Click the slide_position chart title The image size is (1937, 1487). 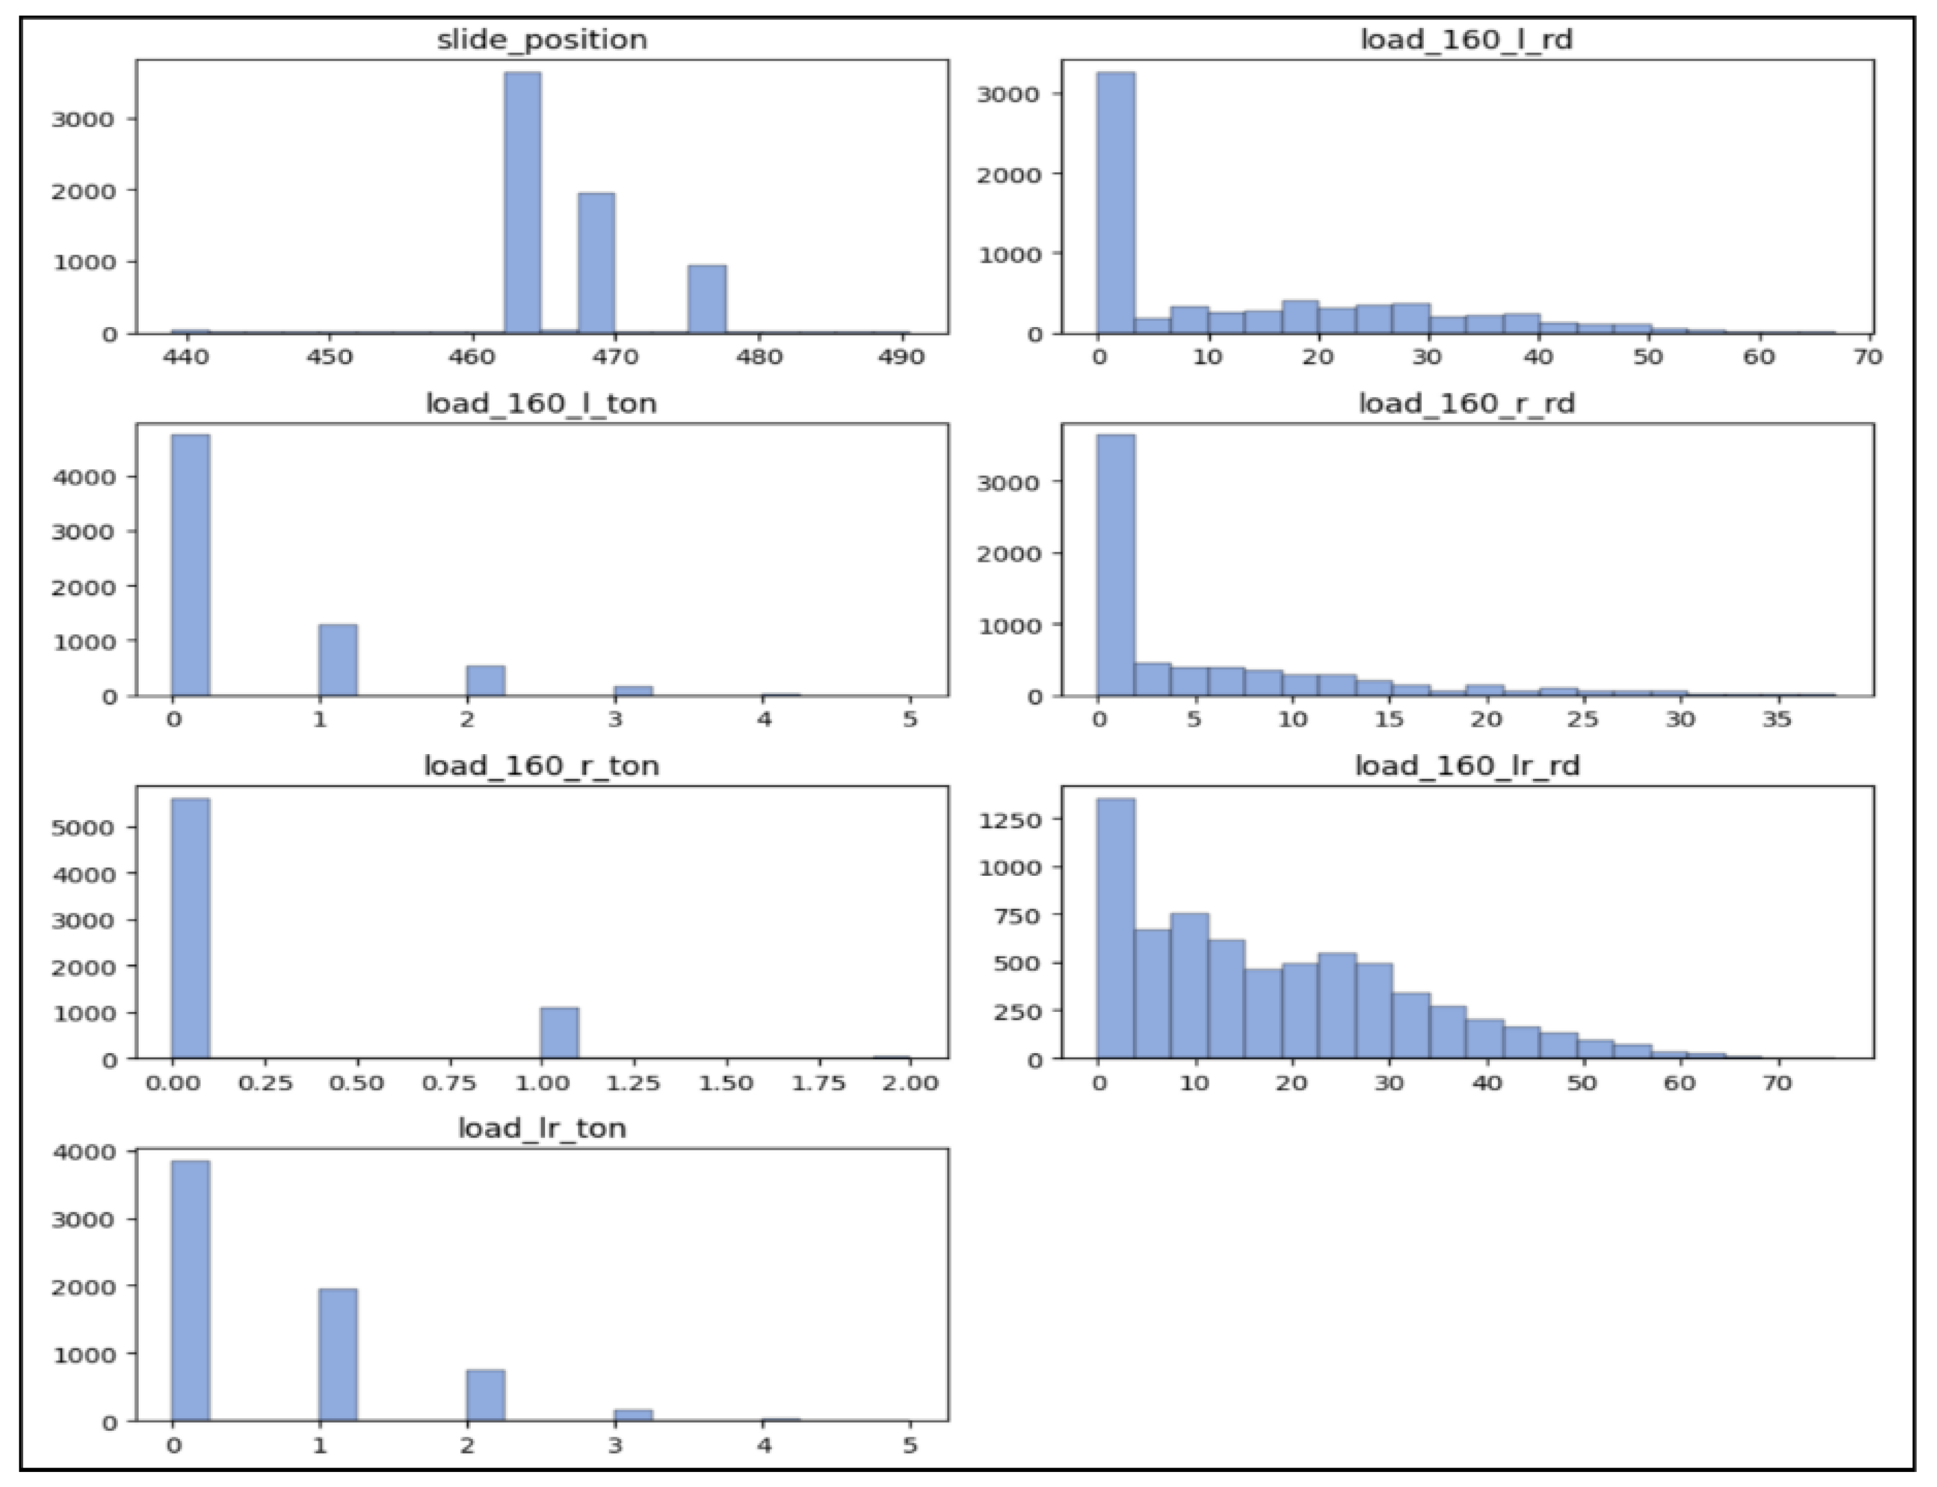(542, 40)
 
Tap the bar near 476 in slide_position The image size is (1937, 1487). (706, 299)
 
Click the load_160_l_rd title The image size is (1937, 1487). (1466, 40)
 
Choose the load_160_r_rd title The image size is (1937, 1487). (1466, 404)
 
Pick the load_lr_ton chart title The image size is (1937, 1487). (542, 1129)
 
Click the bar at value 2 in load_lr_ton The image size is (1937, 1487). (485, 1395)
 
